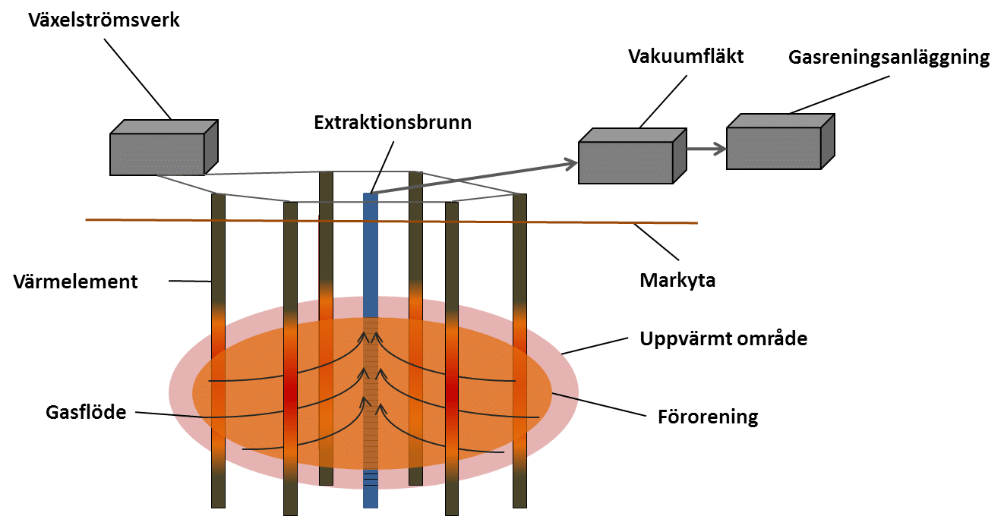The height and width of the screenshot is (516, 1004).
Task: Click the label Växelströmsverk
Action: pos(103,20)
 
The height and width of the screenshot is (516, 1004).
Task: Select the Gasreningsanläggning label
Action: pos(889,57)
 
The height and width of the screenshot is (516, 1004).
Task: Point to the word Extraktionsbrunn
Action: pos(393,121)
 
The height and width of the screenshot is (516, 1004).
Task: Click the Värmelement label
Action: pos(76,282)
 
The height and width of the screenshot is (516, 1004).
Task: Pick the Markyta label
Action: pos(677,280)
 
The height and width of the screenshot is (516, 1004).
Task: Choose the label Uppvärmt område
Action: pos(724,338)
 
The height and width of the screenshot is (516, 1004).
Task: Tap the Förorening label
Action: pos(707,417)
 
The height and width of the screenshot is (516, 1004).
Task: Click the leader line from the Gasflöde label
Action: pos(175,416)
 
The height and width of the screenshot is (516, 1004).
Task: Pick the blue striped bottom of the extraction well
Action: pos(370,479)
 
